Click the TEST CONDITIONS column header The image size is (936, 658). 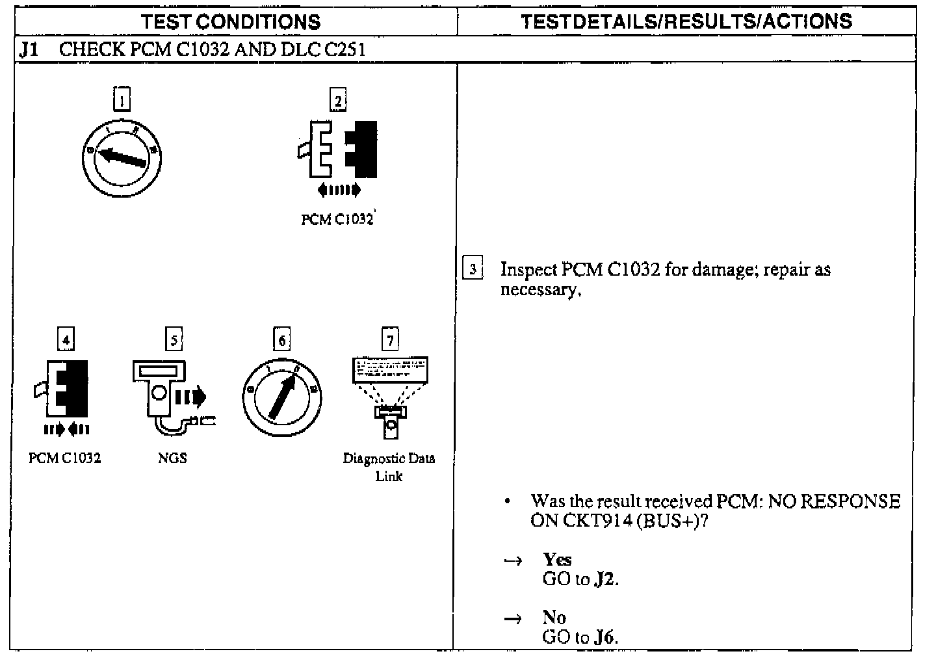[231, 21]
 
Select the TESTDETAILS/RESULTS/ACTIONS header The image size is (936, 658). [686, 21]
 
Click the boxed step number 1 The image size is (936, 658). [122, 100]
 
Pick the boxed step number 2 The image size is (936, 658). [338, 100]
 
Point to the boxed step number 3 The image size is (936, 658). [473, 269]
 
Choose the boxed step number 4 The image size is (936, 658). [66, 339]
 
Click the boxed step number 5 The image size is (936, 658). [174, 339]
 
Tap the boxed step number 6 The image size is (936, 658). [281, 340]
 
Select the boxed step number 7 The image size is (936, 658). [389, 339]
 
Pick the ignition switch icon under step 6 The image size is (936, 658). [281, 397]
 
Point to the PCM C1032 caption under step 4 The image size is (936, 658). [65, 458]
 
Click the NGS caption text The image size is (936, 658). [172, 458]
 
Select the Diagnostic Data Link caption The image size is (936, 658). [389, 466]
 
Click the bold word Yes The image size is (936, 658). [557, 559]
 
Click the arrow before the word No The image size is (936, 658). [513, 618]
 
